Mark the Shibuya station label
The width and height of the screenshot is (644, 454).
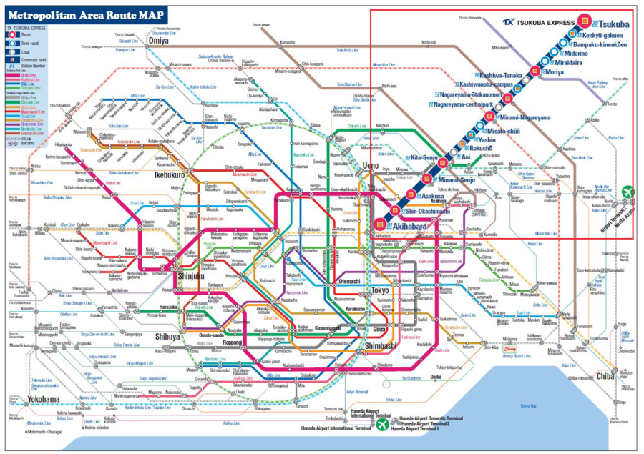167,337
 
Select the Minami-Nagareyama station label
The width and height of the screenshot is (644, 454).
525,117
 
